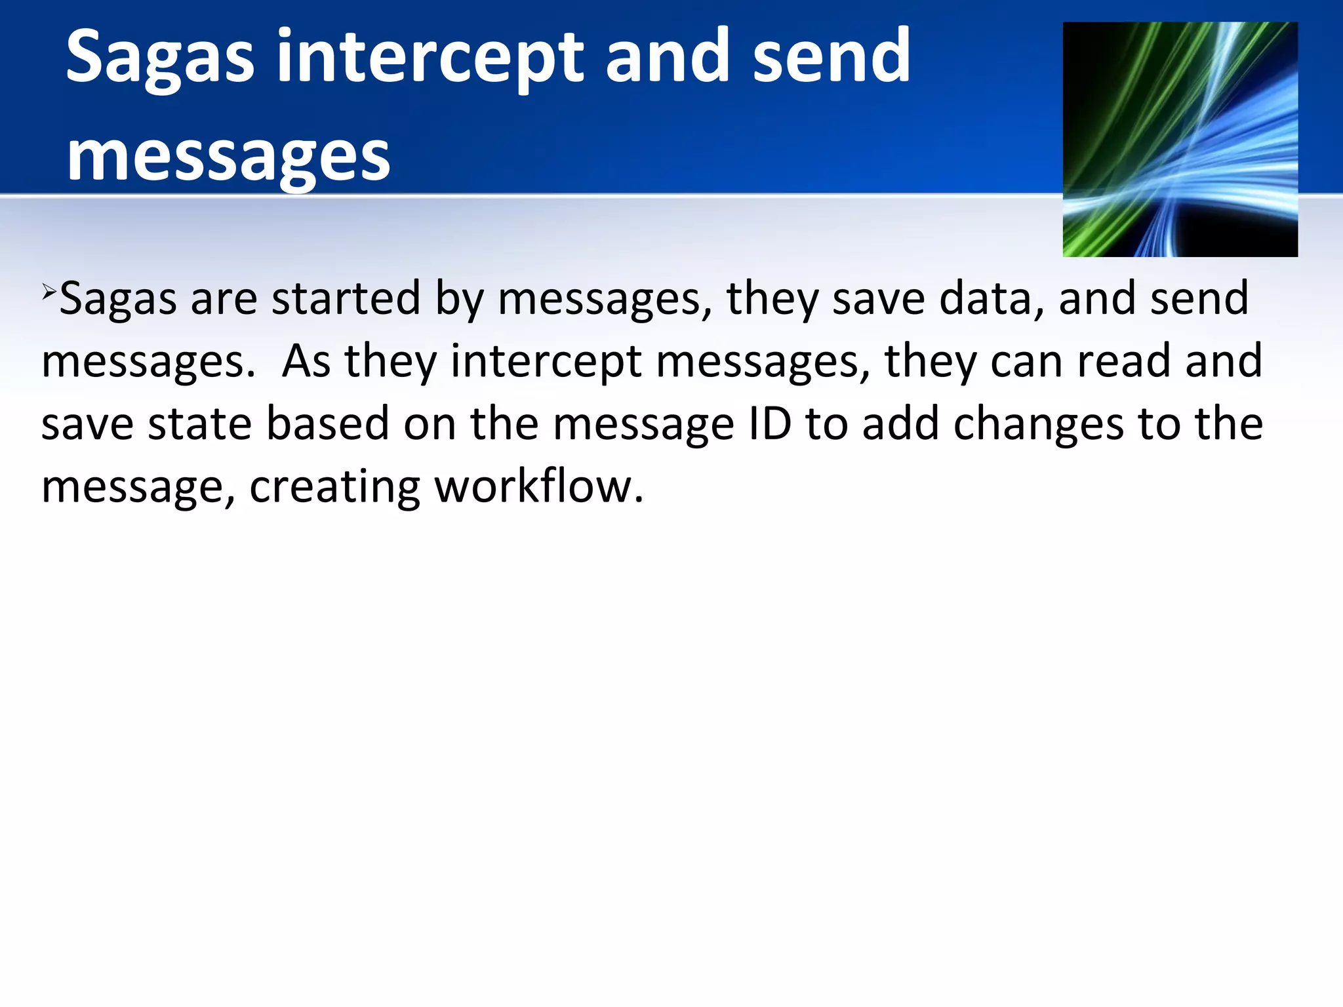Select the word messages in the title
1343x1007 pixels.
[228, 157]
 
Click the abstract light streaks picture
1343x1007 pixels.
[1180, 139]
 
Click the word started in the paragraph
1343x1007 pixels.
[346, 298]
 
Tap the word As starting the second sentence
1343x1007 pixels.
[306, 361]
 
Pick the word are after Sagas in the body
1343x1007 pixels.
[224, 298]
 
